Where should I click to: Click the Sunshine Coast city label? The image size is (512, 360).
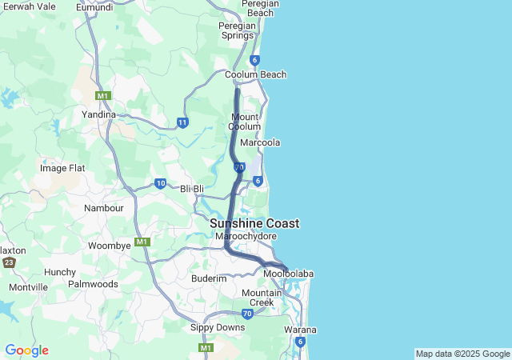click(254, 224)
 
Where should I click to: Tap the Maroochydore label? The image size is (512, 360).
click(243, 237)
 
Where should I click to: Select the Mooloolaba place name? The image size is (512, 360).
click(288, 274)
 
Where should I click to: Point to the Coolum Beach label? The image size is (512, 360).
click(255, 75)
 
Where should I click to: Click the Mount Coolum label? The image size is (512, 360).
click(244, 122)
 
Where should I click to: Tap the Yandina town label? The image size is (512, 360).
click(99, 114)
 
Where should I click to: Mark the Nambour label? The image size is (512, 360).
click(104, 208)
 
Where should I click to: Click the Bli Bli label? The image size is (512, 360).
click(192, 189)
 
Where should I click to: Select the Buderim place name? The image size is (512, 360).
click(209, 278)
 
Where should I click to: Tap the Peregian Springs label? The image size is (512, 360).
click(237, 30)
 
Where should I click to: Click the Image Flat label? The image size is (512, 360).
click(62, 169)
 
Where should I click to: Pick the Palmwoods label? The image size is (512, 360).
click(93, 284)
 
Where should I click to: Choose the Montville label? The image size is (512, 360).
click(29, 287)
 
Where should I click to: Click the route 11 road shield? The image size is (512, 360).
click(182, 122)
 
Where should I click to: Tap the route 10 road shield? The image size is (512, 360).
click(160, 183)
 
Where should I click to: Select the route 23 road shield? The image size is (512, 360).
click(9, 262)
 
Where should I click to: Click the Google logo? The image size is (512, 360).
click(26, 350)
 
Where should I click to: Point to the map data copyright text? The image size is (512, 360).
click(462, 354)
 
